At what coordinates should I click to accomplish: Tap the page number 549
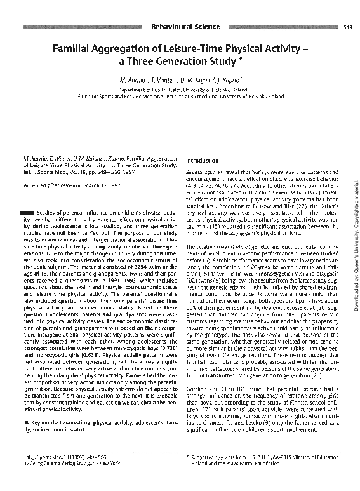(x=348, y=27)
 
